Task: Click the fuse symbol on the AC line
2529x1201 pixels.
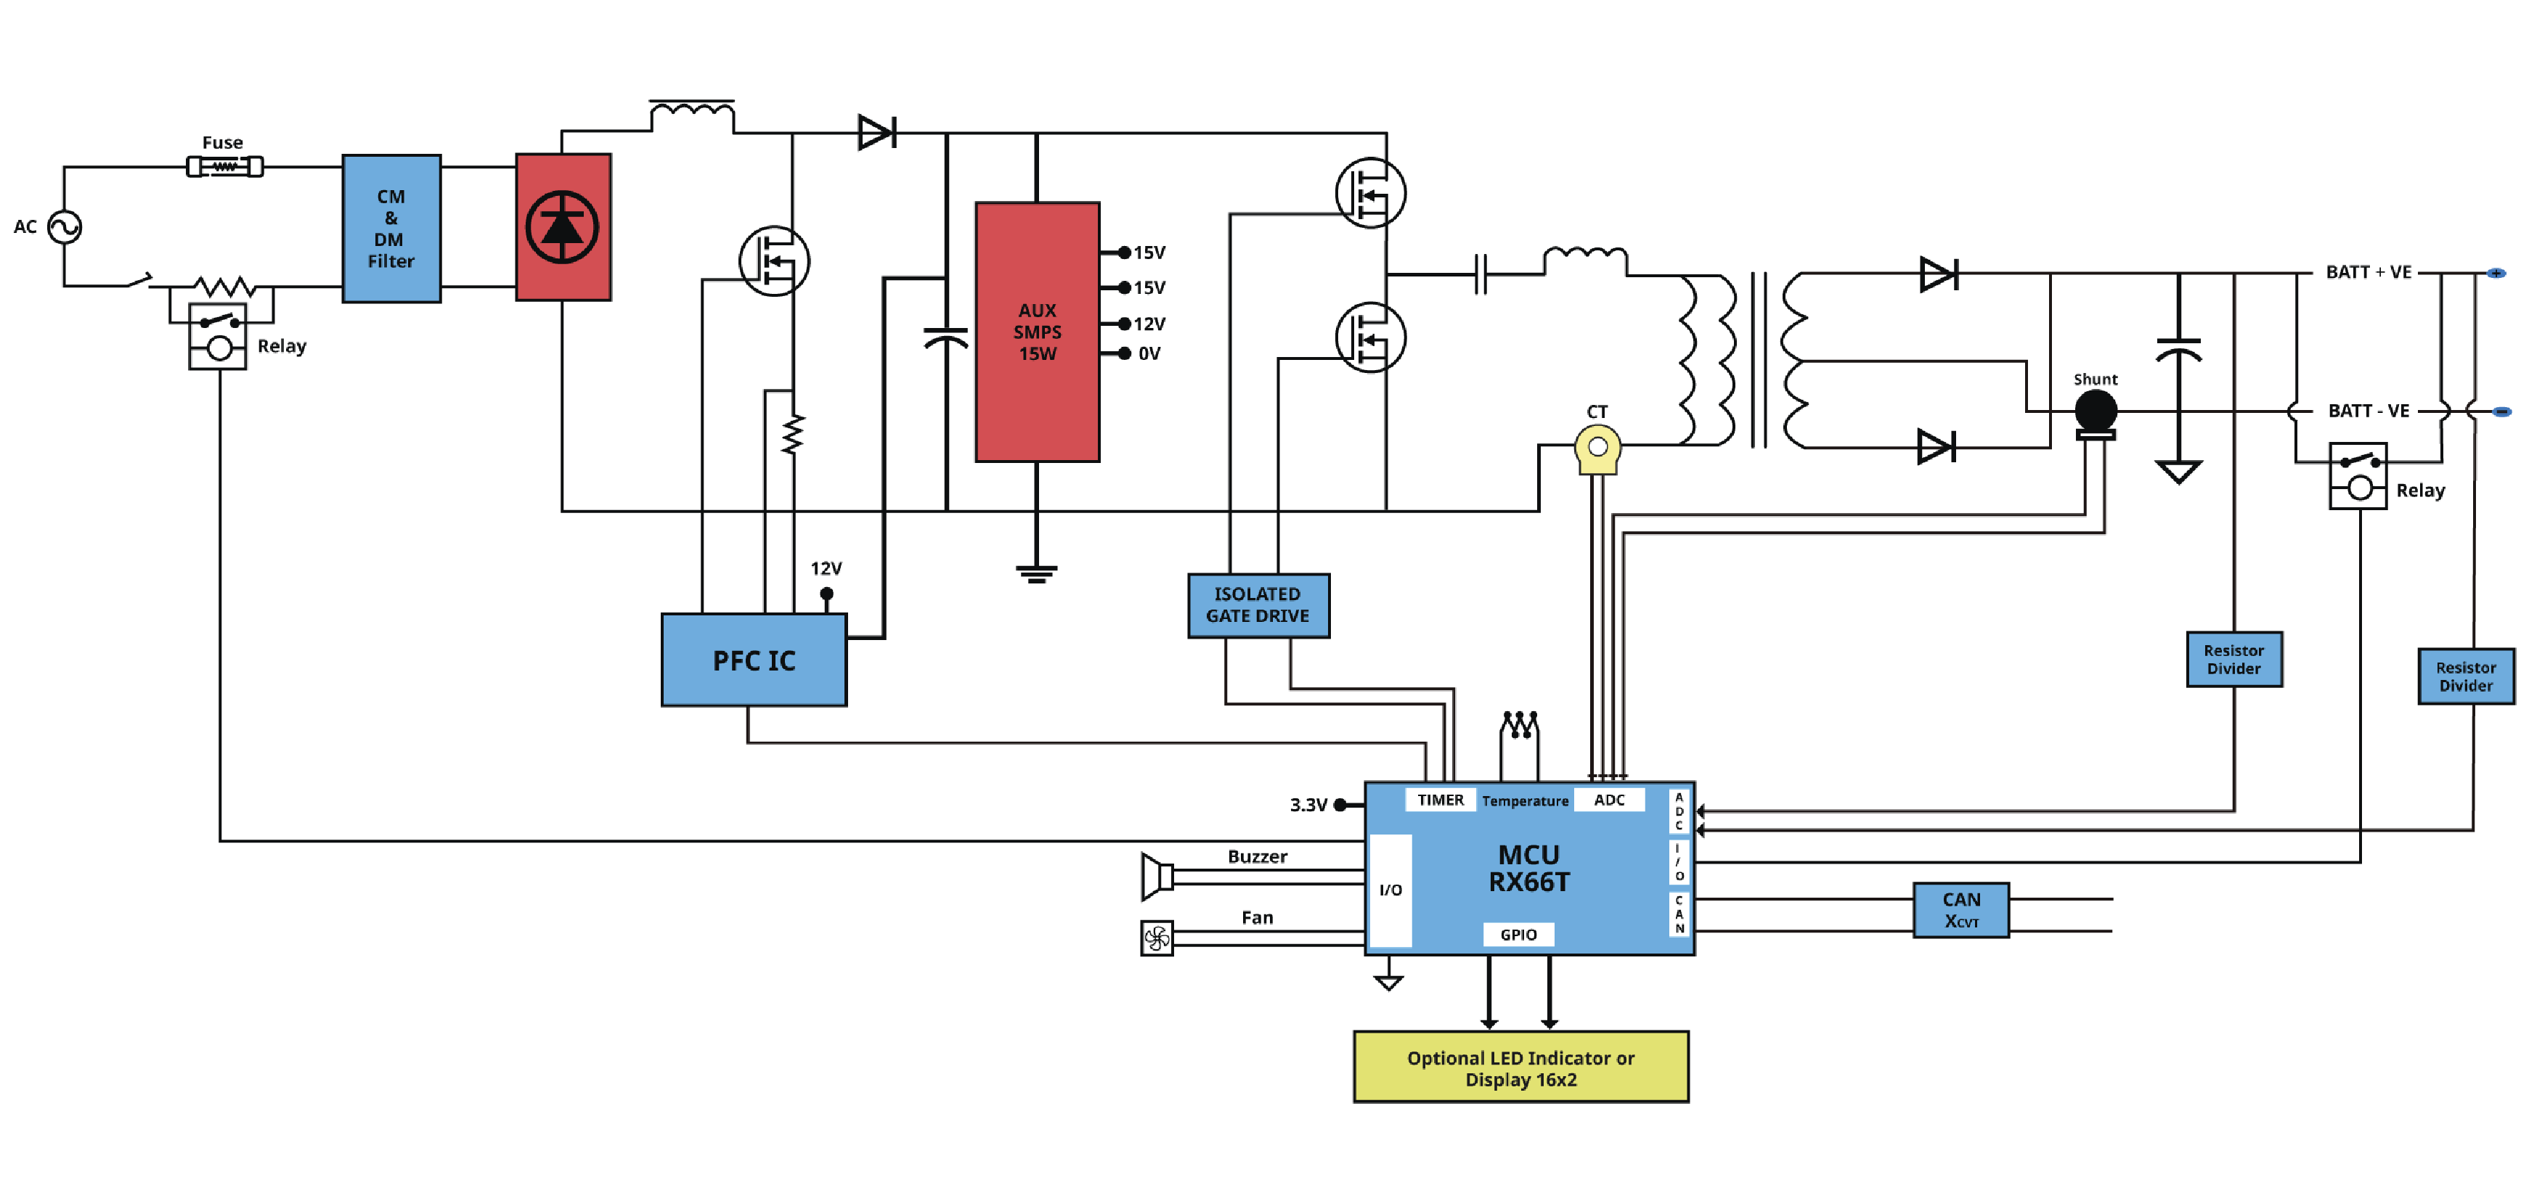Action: coord(225,167)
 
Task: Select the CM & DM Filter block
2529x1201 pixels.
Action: coord(391,229)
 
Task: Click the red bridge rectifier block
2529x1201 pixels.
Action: coord(563,226)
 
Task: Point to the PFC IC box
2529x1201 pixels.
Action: coord(753,660)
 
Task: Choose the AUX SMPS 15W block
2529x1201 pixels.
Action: coord(1037,332)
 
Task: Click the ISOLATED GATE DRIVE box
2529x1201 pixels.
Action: coord(1258,605)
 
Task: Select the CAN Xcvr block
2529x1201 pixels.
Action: coord(1960,909)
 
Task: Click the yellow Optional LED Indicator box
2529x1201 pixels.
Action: coord(1520,1067)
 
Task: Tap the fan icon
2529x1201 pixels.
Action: coord(1157,938)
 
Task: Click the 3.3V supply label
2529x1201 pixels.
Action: coord(1308,806)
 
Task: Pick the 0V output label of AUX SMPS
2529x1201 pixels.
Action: coord(1149,354)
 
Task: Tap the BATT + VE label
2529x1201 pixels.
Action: coord(2367,273)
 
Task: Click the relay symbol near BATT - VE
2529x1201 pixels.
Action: coord(2357,476)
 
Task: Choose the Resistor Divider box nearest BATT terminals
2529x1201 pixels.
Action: coord(2465,677)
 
